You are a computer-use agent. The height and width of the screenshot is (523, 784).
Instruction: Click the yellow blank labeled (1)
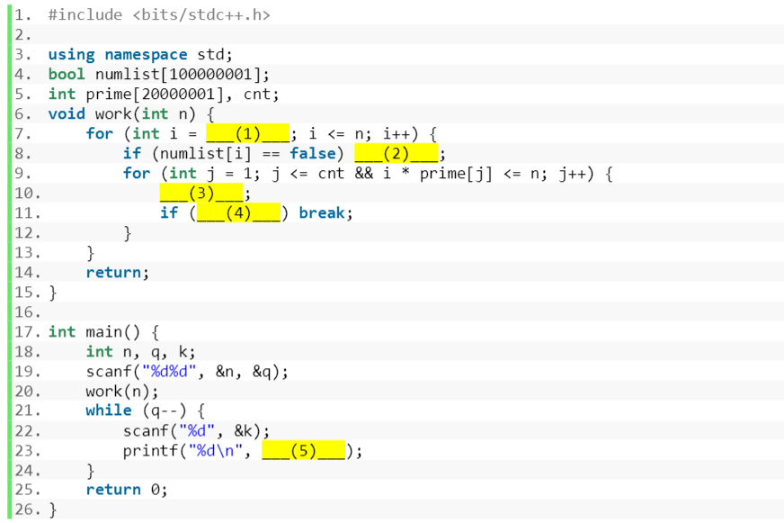247,133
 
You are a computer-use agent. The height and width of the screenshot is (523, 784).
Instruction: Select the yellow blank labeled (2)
396,153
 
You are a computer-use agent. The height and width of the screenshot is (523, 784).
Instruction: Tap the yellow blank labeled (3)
201,193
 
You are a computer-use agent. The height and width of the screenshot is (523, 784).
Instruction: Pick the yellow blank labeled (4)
238,212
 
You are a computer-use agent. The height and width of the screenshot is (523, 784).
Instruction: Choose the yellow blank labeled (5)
303,450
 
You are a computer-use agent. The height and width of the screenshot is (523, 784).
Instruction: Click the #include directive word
85,15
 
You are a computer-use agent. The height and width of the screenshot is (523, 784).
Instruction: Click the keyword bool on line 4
67,74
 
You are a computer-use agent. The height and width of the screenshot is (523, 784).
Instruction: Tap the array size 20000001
171,94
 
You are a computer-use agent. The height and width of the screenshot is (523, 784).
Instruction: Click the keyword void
67,113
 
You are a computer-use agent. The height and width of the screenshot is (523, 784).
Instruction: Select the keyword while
109,410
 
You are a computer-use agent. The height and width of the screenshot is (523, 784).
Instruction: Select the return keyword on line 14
113,272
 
